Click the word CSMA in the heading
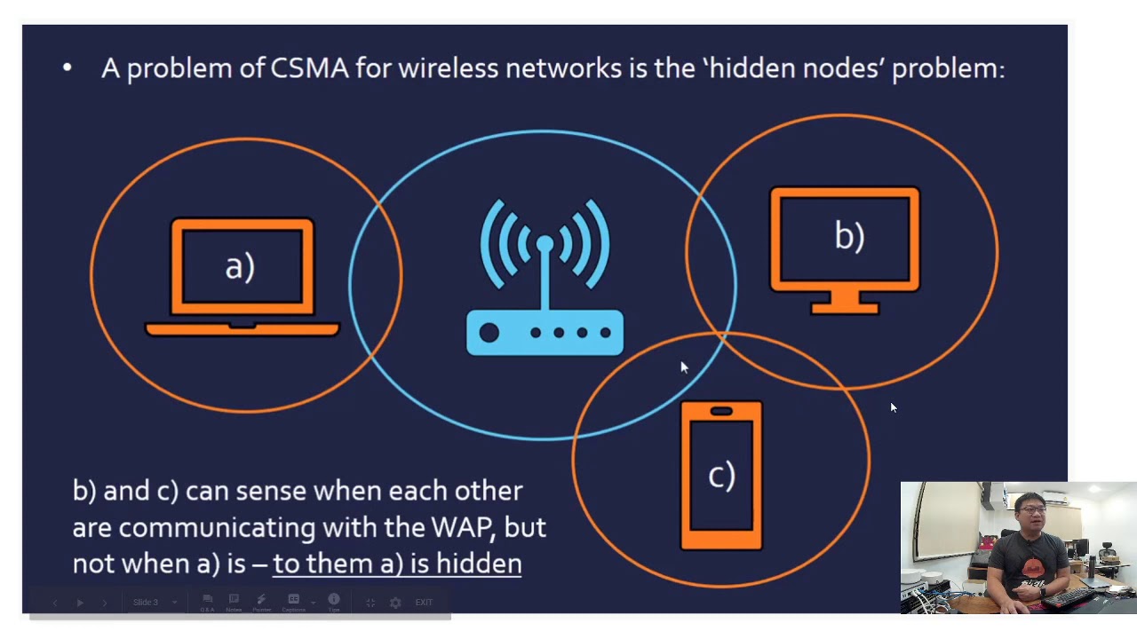(x=309, y=68)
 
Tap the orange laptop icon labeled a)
(x=242, y=277)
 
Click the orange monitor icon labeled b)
(x=845, y=248)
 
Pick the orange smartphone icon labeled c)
(x=721, y=476)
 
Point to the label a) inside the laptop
(x=240, y=266)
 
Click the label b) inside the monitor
(x=849, y=236)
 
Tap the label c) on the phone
(x=721, y=476)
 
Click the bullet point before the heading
(x=68, y=67)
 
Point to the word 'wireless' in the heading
(x=448, y=68)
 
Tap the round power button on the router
(x=489, y=333)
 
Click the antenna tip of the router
(x=545, y=242)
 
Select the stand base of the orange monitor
(x=845, y=308)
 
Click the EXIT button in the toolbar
(x=424, y=603)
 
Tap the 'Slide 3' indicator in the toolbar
(x=146, y=603)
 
